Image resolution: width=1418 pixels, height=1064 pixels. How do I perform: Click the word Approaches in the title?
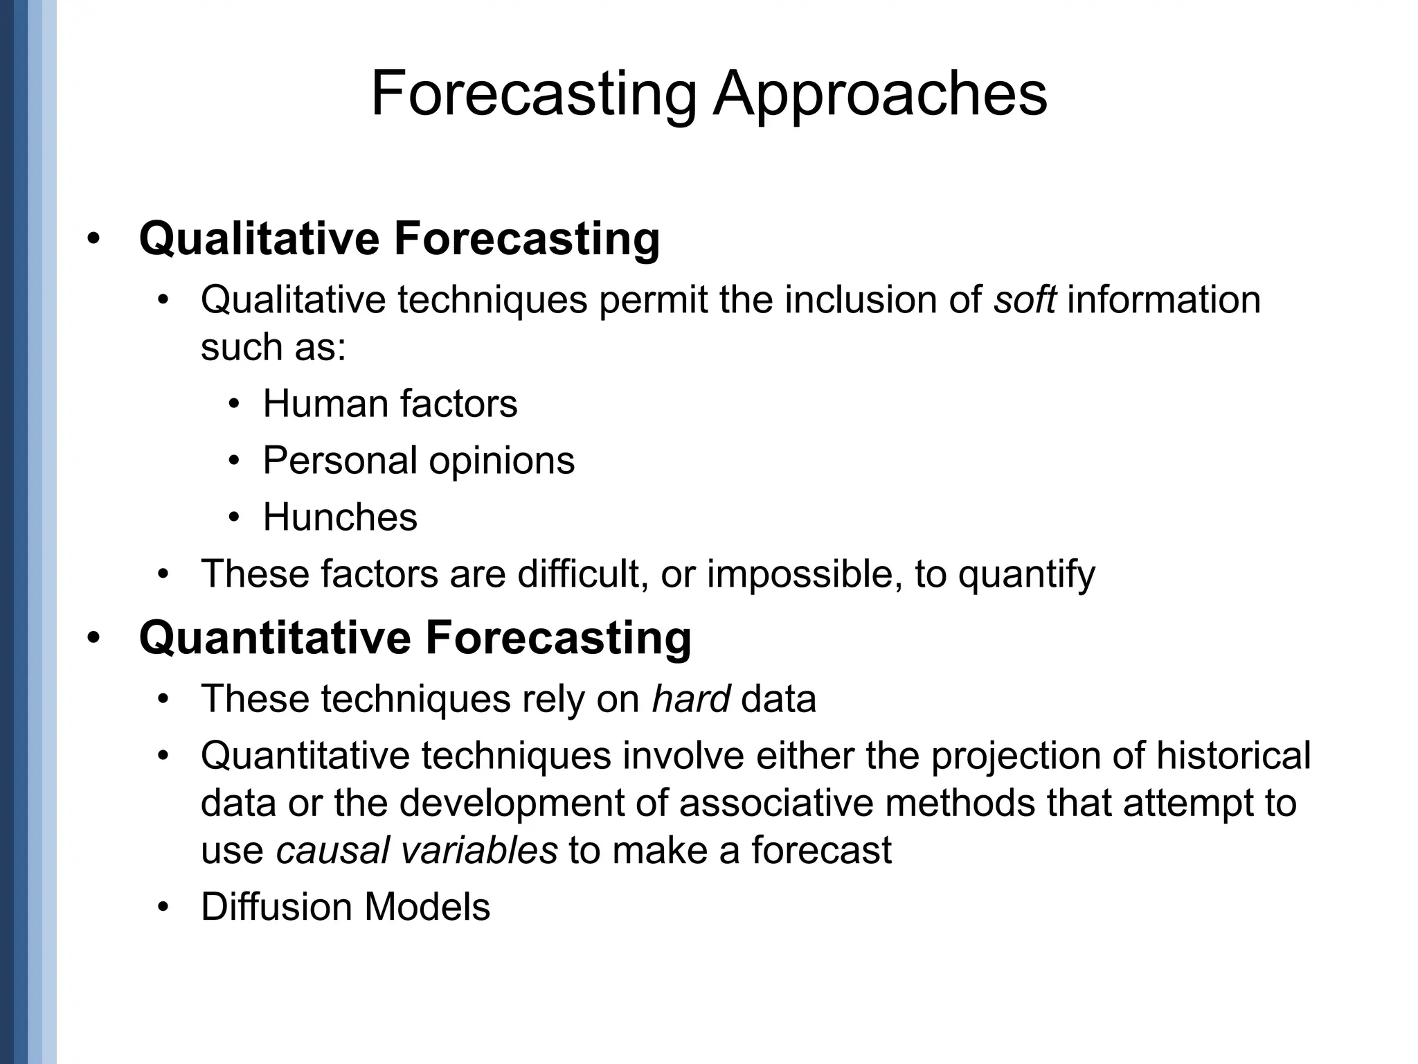pos(880,95)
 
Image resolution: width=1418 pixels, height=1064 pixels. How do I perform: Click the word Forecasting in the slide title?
pos(534,95)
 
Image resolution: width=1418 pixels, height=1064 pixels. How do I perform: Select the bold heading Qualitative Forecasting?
pos(400,238)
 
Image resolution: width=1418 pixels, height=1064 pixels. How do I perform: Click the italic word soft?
pos(1025,300)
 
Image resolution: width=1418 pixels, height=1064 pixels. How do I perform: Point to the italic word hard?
pos(690,698)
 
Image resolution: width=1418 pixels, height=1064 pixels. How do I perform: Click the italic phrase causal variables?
pos(416,850)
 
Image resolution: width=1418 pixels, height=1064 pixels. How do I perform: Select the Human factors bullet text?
pos(390,404)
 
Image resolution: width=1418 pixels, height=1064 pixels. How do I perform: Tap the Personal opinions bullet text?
pos(418,461)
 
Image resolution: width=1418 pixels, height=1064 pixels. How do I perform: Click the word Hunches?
pos(340,517)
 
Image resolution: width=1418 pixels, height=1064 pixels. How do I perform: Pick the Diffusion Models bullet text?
pos(345,907)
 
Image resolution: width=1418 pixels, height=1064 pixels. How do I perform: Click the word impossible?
pos(805,574)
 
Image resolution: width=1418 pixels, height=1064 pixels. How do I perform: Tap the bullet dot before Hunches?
pos(235,517)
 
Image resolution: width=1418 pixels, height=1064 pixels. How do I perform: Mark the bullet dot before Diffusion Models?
pos(163,907)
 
